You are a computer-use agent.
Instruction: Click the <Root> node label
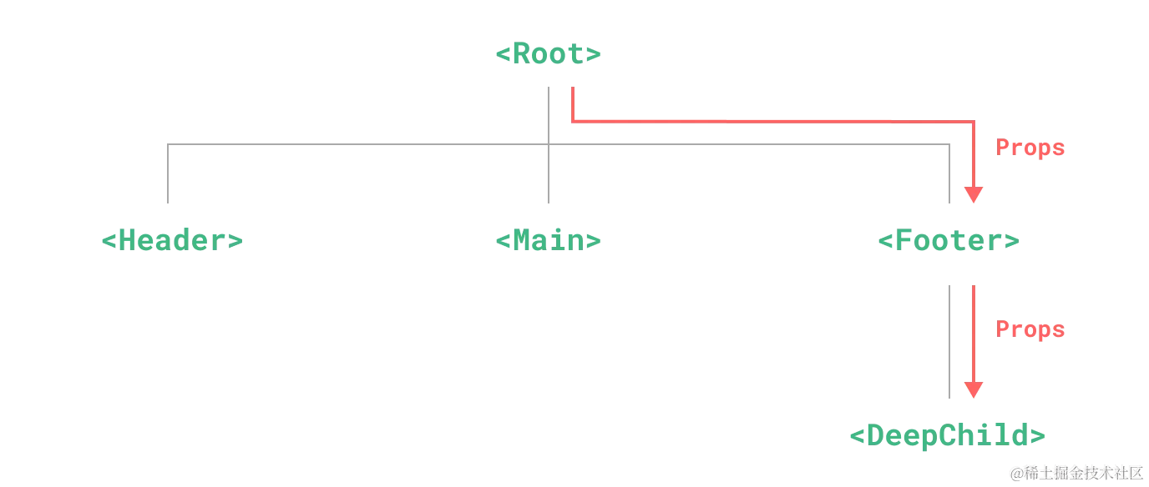[548, 55]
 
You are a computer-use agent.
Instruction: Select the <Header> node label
[174, 241]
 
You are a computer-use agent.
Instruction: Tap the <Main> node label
[548, 241]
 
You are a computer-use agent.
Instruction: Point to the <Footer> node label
[949, 242]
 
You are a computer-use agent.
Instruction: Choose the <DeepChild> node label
[949, 435]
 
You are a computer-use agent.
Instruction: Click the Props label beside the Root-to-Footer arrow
[1030, 148]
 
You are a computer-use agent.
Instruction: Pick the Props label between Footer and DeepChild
[1030, 330]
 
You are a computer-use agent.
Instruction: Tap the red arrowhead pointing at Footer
[973, 196]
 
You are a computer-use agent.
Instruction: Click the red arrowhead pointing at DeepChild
[973, 390]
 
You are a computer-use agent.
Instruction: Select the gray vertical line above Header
[170, 175]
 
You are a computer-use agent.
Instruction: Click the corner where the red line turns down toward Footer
[973, 123]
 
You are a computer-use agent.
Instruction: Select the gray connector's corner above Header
[170, 144]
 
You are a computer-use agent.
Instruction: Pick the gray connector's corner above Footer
[952, 144]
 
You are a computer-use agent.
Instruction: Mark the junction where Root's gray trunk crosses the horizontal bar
[551, 144]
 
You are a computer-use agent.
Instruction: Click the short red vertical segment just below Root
[570, 104]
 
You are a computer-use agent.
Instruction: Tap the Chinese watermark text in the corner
[1076, 472]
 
